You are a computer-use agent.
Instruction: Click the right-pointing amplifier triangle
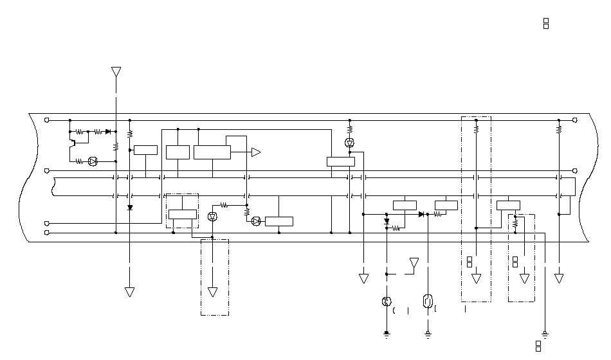point(255,152)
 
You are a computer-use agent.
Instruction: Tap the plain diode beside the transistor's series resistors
point(108,131)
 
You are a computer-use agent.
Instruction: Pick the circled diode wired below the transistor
point(92,161)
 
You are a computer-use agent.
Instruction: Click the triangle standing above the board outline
point(116,71)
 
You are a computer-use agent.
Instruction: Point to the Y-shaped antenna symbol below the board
point(415,263)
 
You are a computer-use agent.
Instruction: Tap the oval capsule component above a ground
point(428,301)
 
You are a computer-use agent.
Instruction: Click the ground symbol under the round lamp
point(387,334)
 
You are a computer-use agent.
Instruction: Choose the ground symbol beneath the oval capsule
point(428,334)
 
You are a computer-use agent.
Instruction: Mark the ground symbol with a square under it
point(545,334)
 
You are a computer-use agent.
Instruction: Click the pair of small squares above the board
point(546,24)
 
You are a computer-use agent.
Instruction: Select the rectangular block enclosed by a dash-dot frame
point(182,214)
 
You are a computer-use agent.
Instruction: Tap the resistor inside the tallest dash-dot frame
point(476,129)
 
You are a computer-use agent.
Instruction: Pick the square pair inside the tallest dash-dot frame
point(469,262)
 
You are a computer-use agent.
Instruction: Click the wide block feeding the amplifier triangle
point(212,152)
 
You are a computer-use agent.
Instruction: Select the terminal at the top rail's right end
point(574,120)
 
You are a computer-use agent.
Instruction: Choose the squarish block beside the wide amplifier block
point(178,152)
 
